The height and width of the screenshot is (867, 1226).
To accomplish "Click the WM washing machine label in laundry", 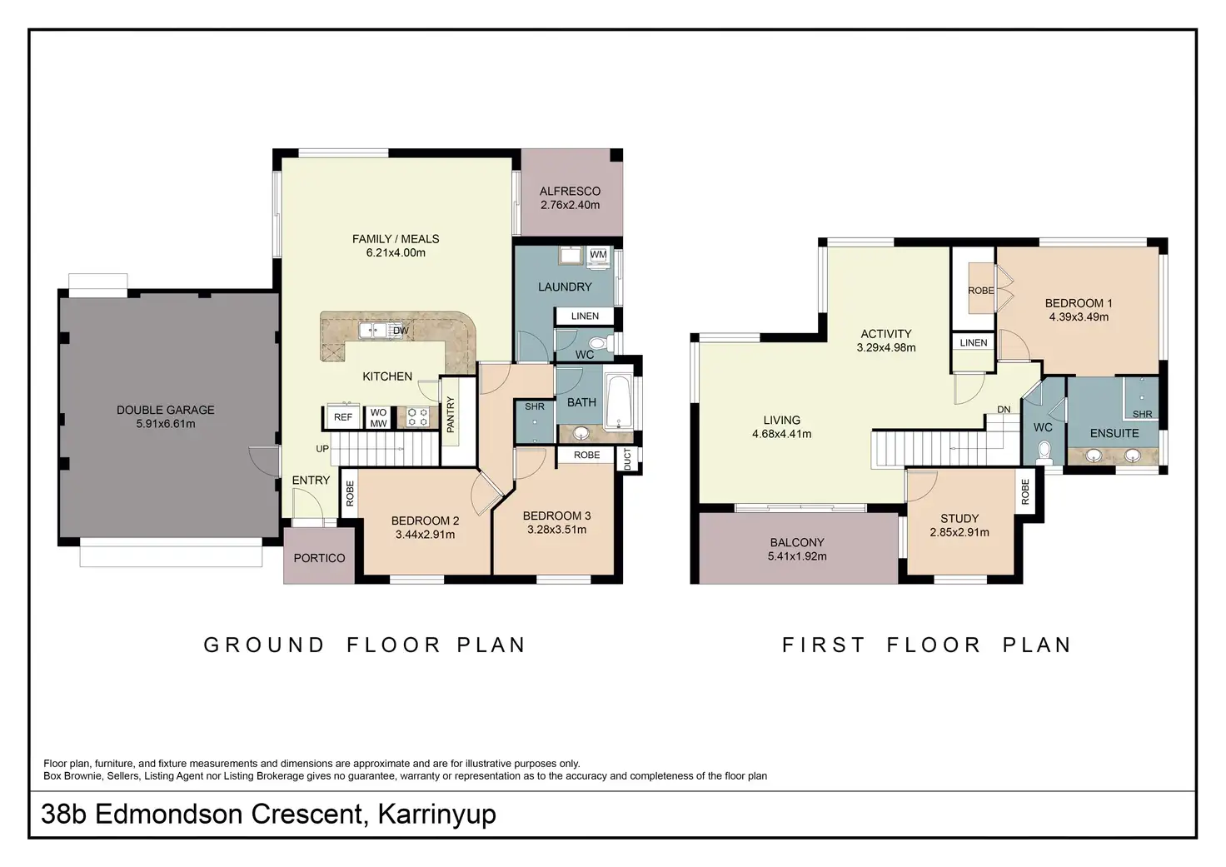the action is point(598,255).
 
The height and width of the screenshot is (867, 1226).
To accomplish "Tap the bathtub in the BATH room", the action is point(619,402).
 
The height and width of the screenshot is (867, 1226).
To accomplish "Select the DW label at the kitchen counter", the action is point(401,331).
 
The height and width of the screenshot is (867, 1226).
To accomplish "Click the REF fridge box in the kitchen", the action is point(343,417).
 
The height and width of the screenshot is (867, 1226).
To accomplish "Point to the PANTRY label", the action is point(451,414).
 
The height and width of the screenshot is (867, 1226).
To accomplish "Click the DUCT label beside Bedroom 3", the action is point(627,459).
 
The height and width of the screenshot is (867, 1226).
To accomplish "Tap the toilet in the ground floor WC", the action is point(601,344).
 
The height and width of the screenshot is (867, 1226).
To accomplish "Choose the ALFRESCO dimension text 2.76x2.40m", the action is point(570,205).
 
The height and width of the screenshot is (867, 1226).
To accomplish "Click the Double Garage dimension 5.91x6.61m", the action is point(165,424).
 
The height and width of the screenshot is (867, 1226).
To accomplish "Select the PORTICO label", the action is point(319,558).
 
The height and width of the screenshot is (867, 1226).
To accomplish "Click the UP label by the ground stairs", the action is point(322,449).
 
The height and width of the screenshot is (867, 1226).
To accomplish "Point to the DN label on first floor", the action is point(1004,410).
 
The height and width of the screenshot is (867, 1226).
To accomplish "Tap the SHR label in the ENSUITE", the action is point(1142,414).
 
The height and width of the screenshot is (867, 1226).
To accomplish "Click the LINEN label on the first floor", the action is point(974,342).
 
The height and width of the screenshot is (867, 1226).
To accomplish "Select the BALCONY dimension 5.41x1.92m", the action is point(797,556).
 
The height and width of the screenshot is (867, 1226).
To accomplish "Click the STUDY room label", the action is point(959,518).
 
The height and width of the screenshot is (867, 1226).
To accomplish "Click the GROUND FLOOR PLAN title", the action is point(365,645).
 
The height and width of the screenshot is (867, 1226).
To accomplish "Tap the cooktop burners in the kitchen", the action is point(417,417).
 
